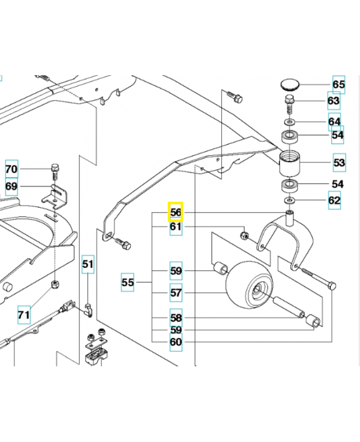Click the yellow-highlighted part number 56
pos(176,212)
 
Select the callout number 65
pos(338,85)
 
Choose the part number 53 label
pos(338,163)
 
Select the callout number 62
pos(335,200)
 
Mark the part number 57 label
pos(176,293)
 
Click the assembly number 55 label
pos(128,282)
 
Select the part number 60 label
pos(176,342)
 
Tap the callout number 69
pos(12,186)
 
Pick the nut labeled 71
pos(54,285)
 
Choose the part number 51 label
pos(88,265)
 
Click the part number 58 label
pos(176,318)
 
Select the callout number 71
pos(23,315)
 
